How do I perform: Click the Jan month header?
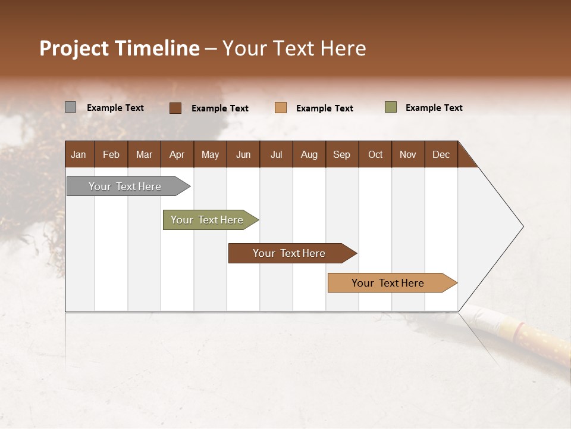coord(79,155)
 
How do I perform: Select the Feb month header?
coord(111,155)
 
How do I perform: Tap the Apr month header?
coord(177,155)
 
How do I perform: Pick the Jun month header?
coord(243,155)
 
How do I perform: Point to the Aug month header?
coord(309,155)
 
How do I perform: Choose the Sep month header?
coord(341,155)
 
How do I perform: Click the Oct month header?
coord(375,155)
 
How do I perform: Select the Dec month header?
coord(441,155)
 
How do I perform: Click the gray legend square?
coord(71,107)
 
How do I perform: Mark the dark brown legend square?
coord(175,108)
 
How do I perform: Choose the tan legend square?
coord(281,108)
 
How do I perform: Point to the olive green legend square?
coord(391,107)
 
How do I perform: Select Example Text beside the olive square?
coord(434,108)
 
